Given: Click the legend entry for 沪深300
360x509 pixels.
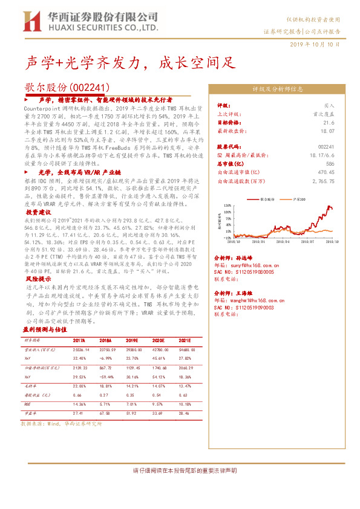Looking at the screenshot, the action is click(298, 198).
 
